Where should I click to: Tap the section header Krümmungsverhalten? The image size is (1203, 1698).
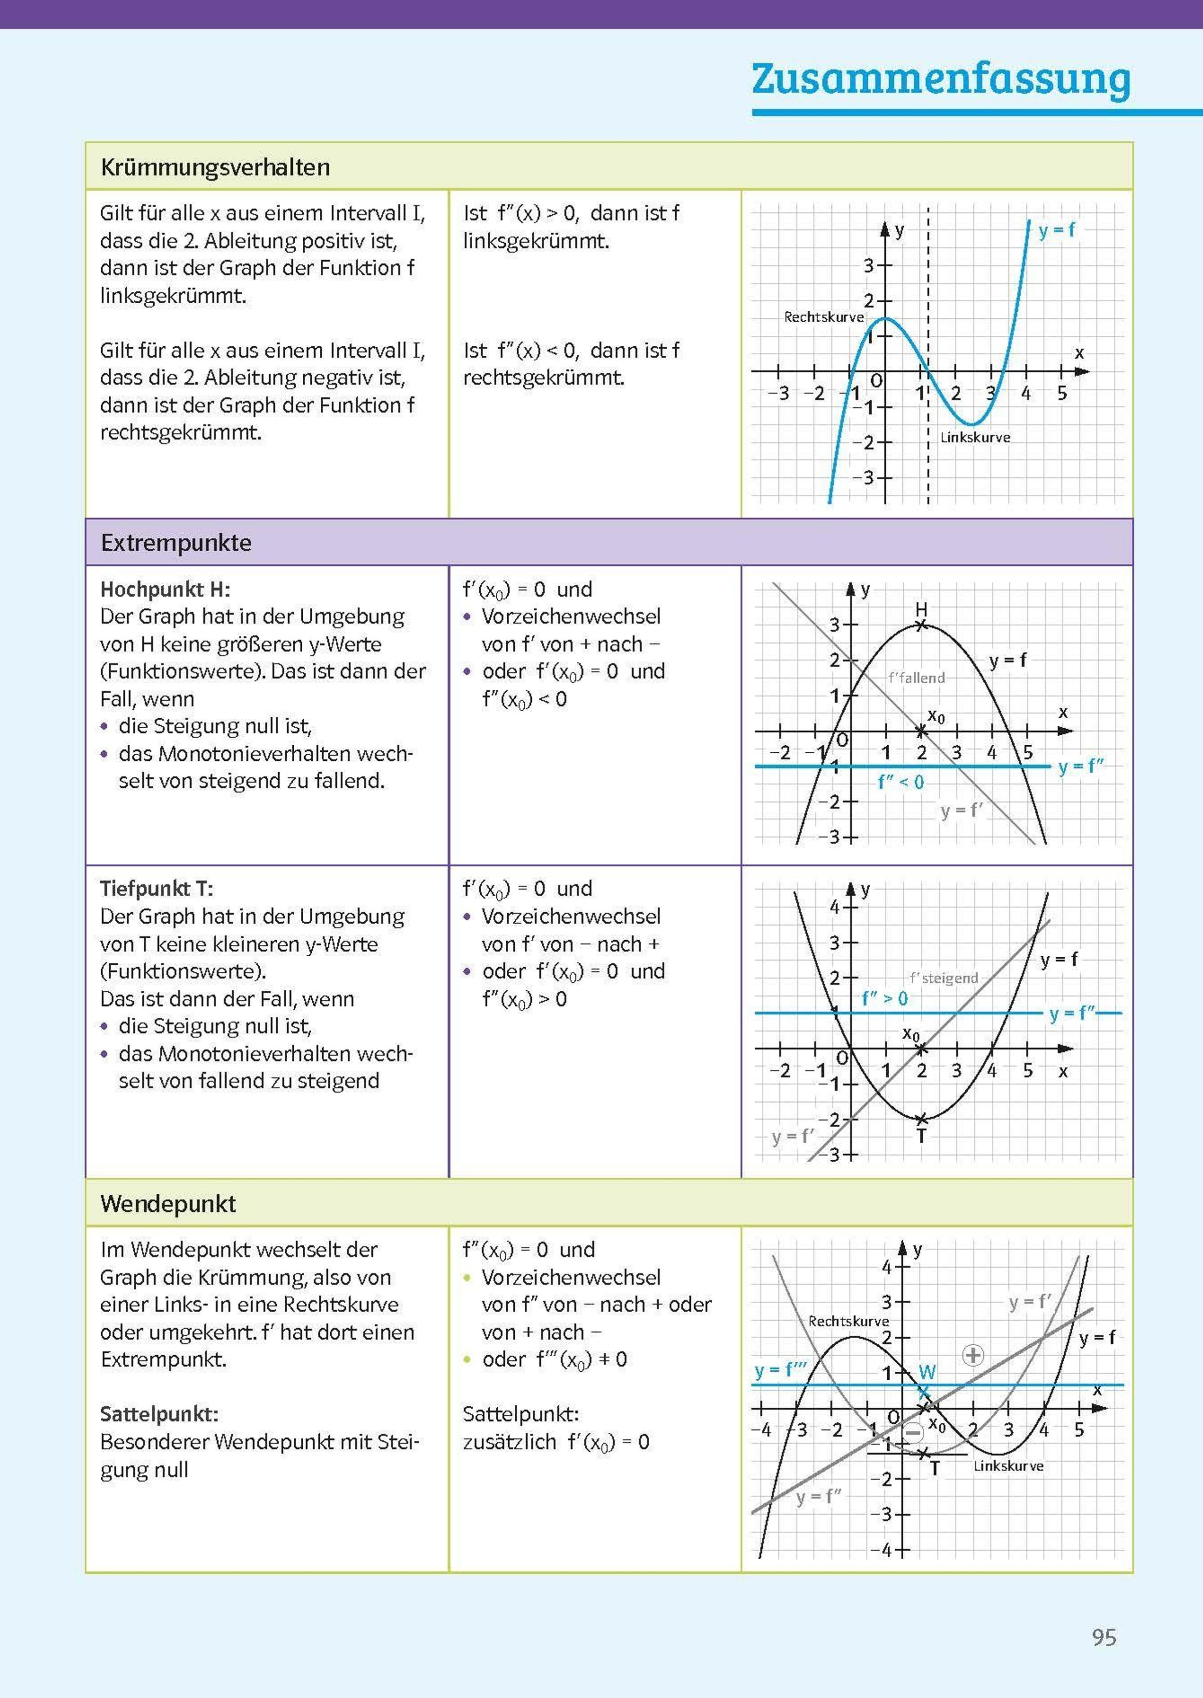(215, 167)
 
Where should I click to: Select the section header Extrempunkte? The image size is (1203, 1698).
(176, 543)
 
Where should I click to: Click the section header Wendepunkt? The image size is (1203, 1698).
(168, 1203)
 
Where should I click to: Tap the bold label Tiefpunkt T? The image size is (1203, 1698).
(156, 889)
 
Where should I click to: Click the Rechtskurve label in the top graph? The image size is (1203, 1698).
(824, 317)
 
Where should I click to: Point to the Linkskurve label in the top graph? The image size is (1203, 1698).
(975, 438)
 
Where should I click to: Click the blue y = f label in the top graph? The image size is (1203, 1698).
(1056, 231)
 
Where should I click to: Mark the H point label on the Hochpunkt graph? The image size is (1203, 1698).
(921, 609)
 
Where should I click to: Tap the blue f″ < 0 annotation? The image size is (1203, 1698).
(901, 782)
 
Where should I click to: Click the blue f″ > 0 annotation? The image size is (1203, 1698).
(885, 998)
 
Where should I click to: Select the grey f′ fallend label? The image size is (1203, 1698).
(916, 678)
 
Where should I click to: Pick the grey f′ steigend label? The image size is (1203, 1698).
(944, 978)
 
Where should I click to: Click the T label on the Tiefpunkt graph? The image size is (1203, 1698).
(921, 1137)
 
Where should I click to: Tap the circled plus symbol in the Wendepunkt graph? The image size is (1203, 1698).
(972, 1355)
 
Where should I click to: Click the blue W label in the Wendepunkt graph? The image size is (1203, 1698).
(927, 1372)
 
